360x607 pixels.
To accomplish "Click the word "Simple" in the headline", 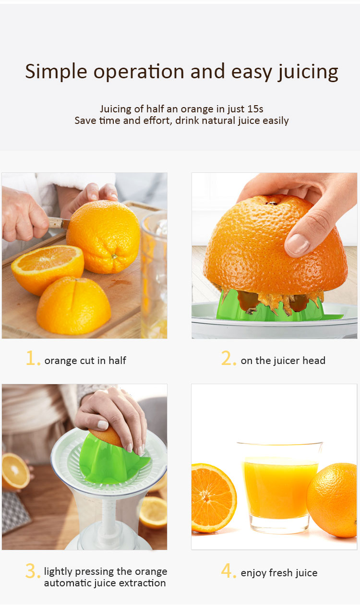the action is (56, 72).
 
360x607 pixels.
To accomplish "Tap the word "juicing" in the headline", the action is (308, 73).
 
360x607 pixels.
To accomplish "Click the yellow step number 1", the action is (33, 358).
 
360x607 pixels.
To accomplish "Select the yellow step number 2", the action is (228, 358).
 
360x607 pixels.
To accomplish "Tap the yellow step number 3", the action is (33, 571).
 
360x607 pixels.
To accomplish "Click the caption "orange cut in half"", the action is (85, 361).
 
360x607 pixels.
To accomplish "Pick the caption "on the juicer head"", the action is (283, 361).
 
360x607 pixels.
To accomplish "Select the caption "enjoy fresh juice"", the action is (279, 573).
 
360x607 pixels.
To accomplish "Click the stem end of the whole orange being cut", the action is (115, 256).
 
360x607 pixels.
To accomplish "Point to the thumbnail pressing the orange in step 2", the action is (297, 243).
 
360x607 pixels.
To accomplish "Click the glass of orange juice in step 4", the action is (280, 488).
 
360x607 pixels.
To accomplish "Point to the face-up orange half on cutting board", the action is (48, 269).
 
